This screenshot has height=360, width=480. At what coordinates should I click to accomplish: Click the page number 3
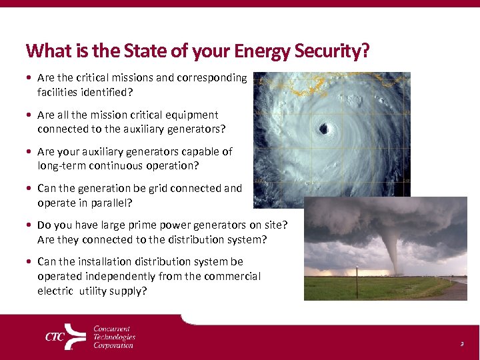point(461,343)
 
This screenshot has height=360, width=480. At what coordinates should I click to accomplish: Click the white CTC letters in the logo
point(55,337)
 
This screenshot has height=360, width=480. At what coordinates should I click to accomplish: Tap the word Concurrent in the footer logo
point(112,329)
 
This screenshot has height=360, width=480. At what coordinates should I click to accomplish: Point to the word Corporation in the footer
point(113,345)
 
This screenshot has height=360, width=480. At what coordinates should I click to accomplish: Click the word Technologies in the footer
point(114,337)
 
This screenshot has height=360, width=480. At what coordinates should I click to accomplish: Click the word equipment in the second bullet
point(192,115)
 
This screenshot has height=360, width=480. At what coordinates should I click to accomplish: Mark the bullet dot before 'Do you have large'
point(30,225)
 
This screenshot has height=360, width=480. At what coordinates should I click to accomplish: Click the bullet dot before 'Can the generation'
point(30,189)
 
